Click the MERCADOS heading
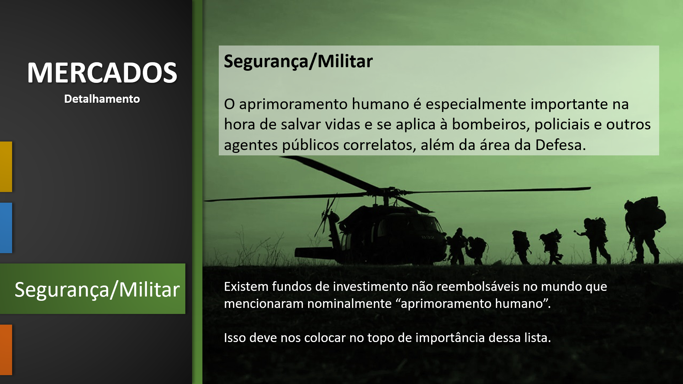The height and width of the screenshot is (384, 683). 102,73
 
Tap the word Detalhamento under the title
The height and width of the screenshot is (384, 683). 102,99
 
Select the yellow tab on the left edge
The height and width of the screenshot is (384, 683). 6,167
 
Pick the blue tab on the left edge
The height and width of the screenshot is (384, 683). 6,228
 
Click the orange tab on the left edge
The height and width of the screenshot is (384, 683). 6,350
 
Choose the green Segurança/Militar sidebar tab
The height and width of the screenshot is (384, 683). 92,289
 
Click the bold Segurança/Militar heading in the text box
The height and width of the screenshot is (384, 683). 298,61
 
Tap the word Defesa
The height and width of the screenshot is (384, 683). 560,145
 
